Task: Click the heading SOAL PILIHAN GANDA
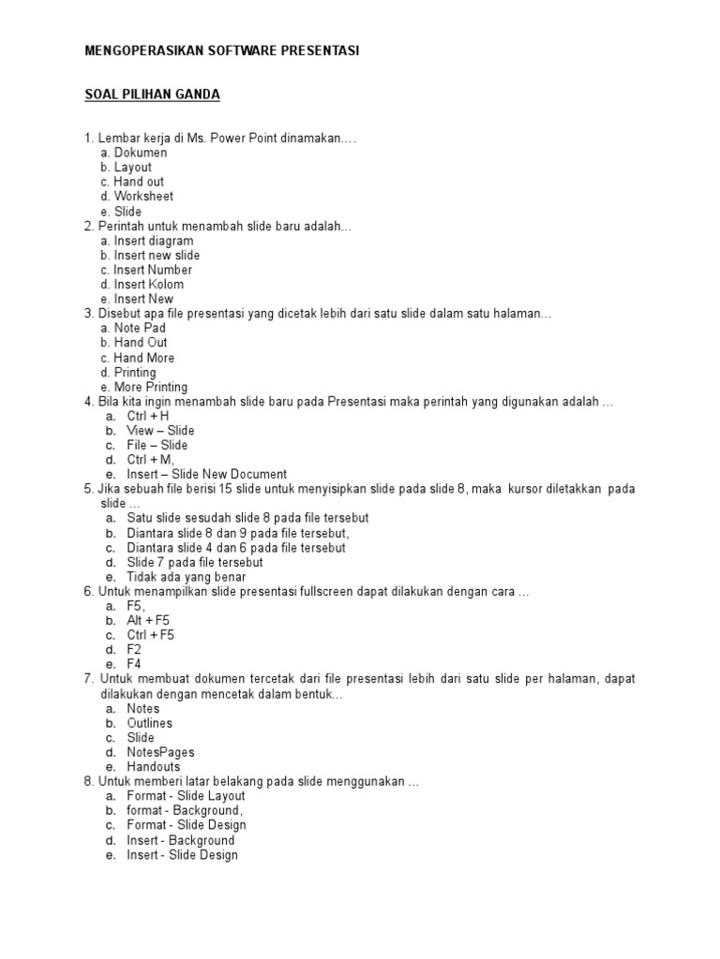[152, 95]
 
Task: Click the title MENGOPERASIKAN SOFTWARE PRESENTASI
[221, 51]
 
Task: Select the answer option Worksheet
[143, 197]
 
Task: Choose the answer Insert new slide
[157, 255]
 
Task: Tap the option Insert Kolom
[148, 285]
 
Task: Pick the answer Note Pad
[140, 328]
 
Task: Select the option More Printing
[150, 387]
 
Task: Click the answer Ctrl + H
[148, 416]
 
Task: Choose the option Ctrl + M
[150, 460]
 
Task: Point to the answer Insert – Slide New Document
[206, 474]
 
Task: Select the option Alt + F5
[148, 620]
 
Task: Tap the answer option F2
[134, 649]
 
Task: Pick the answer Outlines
[149, 723]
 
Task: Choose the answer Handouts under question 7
[153, 767]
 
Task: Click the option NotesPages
[160, 752]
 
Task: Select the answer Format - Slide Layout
[186, 796]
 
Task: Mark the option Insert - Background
[180, 840]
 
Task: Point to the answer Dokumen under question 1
[141, 153]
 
